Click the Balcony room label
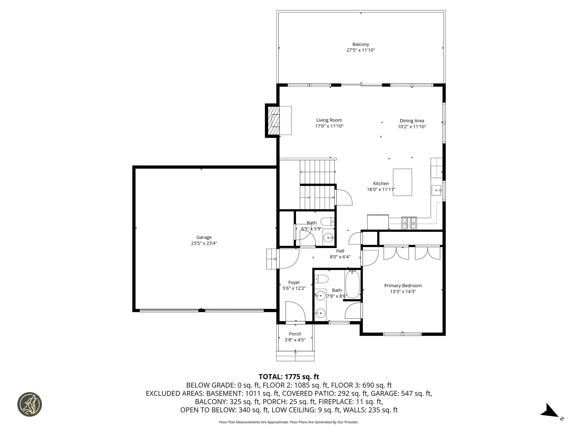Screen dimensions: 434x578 click(x=361, y=44)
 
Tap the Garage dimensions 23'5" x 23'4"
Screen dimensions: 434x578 click(x=204, y=243)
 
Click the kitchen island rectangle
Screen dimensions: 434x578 click(x=402, y=182)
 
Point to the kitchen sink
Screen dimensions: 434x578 click(x=437, y=190)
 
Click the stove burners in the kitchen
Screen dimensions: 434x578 click(x=409, y=223)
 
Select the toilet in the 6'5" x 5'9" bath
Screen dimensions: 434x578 click(x=327, y=222)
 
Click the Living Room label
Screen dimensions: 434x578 click(x=329, y=120)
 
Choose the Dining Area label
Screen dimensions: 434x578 click(x=412, y=121)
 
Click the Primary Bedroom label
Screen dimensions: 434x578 click(x=403, y=286)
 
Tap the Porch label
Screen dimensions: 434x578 click(x=295, y=334)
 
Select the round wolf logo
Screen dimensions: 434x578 click(x=30, y=404)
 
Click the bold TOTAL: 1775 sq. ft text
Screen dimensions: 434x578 click(x=289, y=377)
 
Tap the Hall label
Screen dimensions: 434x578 click(x=340, y=251)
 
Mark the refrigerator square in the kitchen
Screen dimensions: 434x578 click(x=378, y=222)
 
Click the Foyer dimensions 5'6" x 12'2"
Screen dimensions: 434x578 click(x=294, y=288)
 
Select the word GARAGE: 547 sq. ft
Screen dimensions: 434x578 click(x=401, y=393)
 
